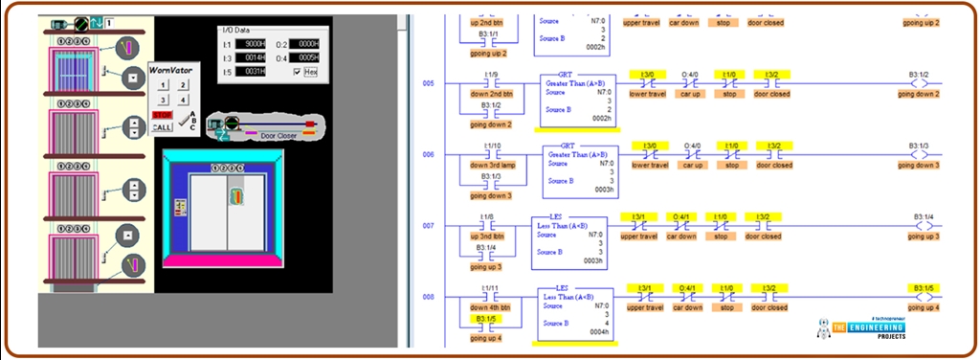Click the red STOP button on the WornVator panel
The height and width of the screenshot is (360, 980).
[162, 114]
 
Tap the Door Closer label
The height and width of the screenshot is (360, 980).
[279, 136]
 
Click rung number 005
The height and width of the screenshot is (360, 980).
[428, 83]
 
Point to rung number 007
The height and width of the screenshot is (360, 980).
[428, 226]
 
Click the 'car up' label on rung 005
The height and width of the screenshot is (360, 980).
[693, 94]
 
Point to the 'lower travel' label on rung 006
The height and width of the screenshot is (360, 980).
[649, 166]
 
